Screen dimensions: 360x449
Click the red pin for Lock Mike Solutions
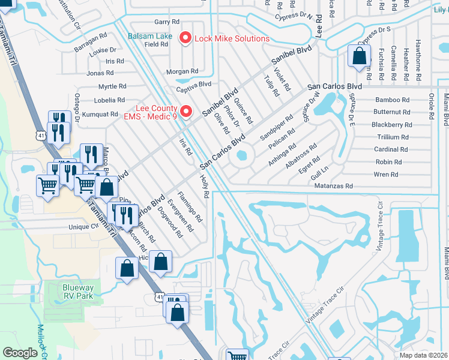pyautogui.click(x=185, y=38)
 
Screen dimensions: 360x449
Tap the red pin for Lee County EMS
pyautogui.click(x=186, y=111)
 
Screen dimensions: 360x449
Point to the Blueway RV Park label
pyautogui.click(x=78, y=292)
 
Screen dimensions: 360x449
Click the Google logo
pyautogui.click(x=20, y=353)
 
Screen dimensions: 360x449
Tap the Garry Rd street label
pyautogui.click(x=163, y=22)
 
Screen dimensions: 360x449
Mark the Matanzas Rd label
pyautogui.click(x=334, y=187)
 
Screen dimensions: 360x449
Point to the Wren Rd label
pyautogui.click(x=385, y=175)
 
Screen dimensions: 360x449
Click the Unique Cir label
pyautogui.click(x=83, y=227)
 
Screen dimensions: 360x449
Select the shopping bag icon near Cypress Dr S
pyautogui.click(x=358, y=56)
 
